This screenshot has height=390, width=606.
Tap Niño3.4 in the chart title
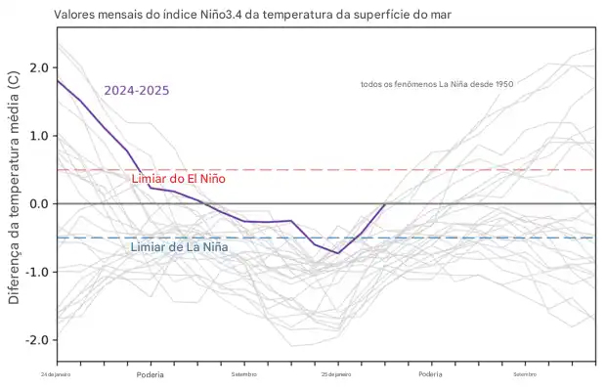(x=224, y=16)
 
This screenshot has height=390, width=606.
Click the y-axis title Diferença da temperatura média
(x=14, y=187)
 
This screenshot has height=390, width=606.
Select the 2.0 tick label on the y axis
(x=40, y=67)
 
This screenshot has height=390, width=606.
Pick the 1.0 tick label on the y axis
(x=40, y=136)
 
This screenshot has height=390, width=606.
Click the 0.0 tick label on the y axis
(x=40, y=203)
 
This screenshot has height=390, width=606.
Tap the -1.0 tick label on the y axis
(x=37, y=272)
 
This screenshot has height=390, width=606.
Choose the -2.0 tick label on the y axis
(x=37, y=340)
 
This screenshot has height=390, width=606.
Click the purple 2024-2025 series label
(x=137, y=90)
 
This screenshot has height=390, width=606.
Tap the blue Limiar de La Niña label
(x=179, y=247)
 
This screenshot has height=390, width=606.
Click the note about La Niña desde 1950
(x=437, y=85)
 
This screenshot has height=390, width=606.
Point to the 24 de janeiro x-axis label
(x=57, y=374)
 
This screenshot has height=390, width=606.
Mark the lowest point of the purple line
(x=338, y=253)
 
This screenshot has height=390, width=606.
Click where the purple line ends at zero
(x=385, y=203)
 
